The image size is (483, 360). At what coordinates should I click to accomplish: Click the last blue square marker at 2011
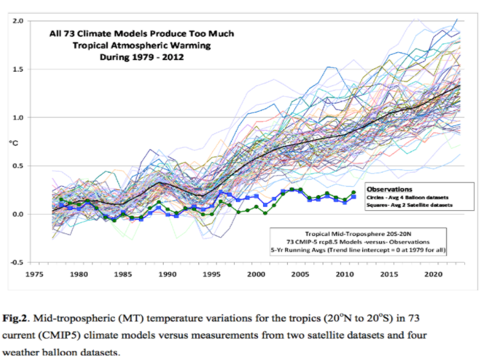tap(354, 196)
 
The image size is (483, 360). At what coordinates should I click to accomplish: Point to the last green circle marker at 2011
tap(354, 193)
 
